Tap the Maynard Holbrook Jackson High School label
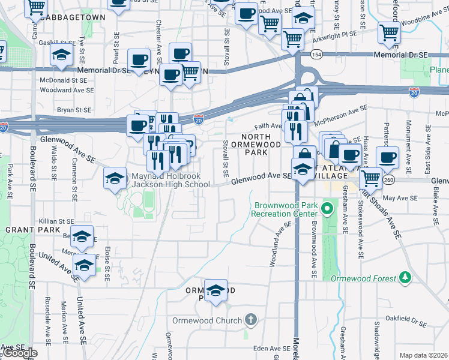[x=161, y=181]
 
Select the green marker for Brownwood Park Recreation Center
[x=327, y=209]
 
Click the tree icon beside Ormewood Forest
[x=406, y=278]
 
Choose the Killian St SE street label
[x=56, y=221]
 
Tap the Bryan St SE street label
[x=74, y=110]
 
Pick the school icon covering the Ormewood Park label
[x=215, y=290]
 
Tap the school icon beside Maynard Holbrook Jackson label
[x=115, y=178]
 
